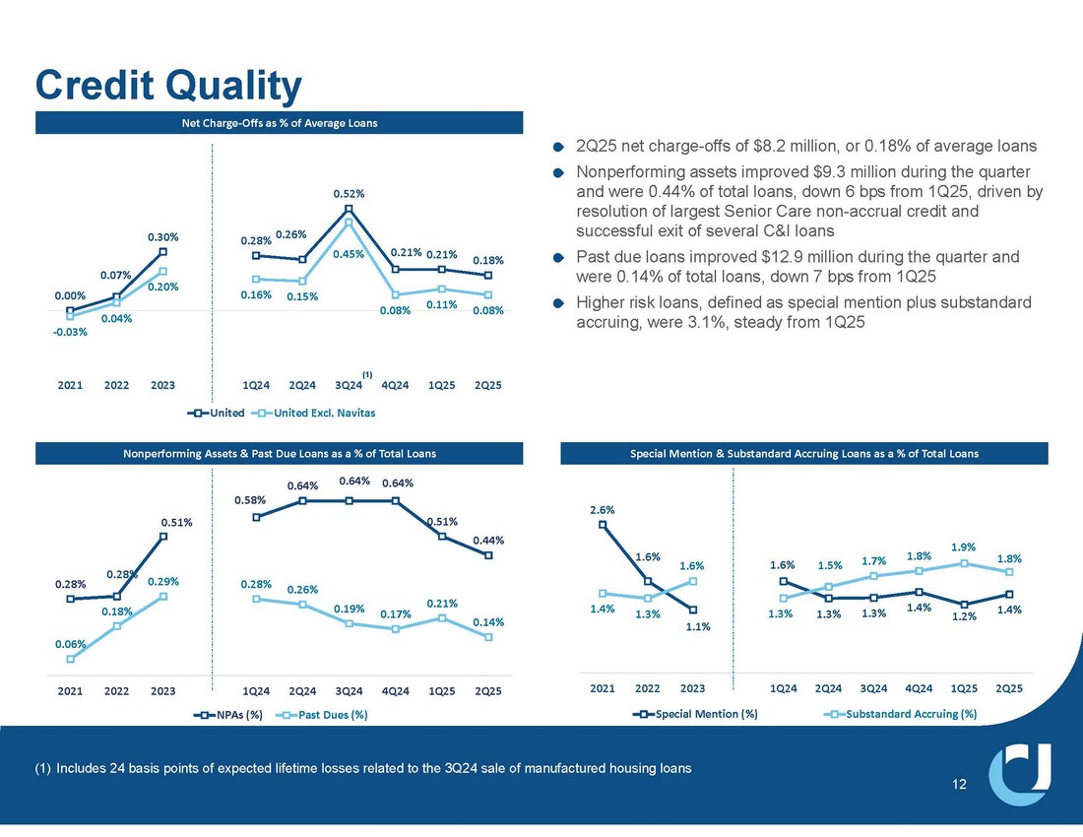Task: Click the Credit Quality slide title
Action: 167,87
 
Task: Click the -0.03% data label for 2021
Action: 70,332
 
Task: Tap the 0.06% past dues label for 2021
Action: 70,644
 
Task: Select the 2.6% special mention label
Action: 603,510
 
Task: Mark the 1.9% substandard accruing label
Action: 964,547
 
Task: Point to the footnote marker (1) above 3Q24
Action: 367,374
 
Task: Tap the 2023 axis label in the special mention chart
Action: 692,686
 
